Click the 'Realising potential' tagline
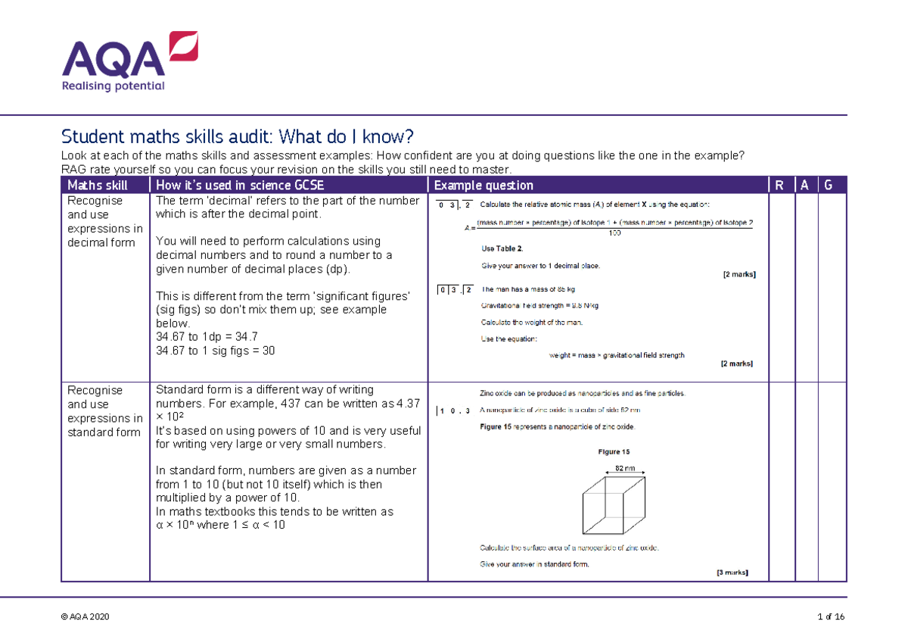(x=113, y=86)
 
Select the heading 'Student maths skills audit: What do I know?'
(x=238, y=137)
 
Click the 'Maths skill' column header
(x=98, y=186)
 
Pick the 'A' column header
(x=804, y=186)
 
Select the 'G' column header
(x=830, y=186)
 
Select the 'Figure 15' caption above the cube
(x=614, y=452)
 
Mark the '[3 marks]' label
(x=732, y=573)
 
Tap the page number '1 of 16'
(x=831, y=617)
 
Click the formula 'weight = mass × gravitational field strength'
(x=616, y=355)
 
